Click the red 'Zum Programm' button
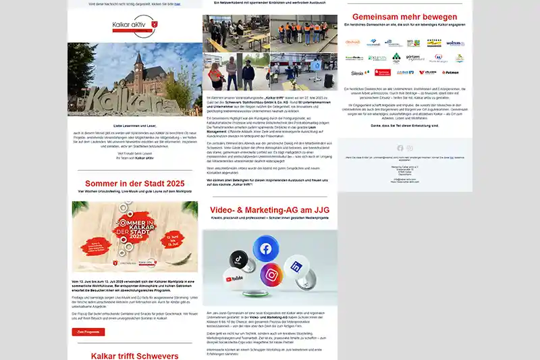coord(88,332)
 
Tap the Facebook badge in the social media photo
coord(265,249)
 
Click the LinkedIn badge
coord(297,265)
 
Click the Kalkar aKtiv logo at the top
coord(134,28)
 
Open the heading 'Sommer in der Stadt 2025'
coord(134,183)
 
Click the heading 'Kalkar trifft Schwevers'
coord(134,355)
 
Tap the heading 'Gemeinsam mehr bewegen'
coord(404,17)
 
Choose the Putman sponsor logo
coord(450,72)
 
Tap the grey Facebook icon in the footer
coord(400,148)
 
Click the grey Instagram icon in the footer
coord(409,148)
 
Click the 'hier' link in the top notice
coord(177,4)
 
